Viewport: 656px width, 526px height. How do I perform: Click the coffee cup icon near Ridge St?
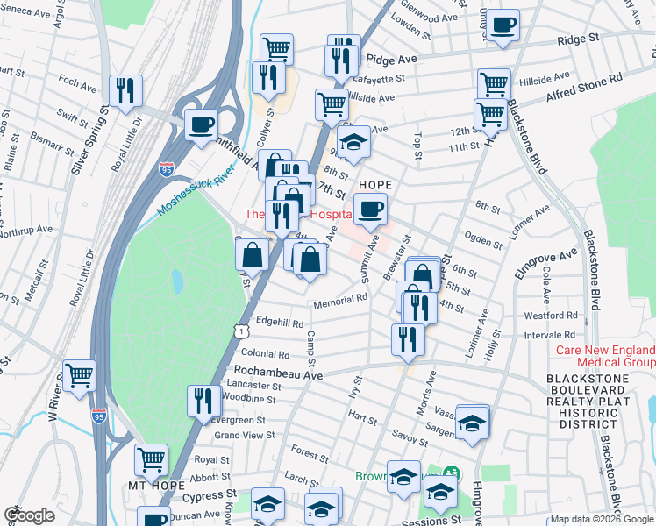504,25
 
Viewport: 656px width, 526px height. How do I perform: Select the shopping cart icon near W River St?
80,376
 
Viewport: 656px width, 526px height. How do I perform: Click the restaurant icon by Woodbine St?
204,401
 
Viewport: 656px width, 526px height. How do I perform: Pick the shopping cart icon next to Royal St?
152,458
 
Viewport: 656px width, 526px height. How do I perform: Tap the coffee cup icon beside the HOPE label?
371,210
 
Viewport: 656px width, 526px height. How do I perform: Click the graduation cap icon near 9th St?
353,142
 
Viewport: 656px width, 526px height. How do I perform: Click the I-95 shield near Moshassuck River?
166,167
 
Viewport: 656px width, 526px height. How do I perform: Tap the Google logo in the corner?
29,515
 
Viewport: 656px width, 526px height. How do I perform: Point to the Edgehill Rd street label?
280,323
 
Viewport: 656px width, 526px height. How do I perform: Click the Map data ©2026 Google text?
602,519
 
